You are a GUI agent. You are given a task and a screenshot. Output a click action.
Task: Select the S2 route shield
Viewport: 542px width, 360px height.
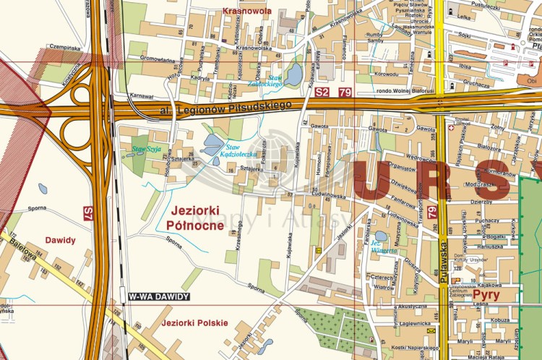[322, 93]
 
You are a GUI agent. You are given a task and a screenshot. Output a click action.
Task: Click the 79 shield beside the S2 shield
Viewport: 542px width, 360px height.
[345, 93]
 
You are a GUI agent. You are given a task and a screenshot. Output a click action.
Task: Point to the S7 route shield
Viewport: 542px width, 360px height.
[88, 213]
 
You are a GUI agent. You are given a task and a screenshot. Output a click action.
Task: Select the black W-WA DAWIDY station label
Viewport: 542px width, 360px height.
[158, 296]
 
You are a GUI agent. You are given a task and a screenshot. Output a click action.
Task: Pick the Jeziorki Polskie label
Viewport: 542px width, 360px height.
[195, 322]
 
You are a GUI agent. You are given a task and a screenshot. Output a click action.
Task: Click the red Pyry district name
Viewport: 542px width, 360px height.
[489, 298]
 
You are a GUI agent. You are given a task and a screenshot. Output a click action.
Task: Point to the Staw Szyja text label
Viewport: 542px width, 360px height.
[145, 150]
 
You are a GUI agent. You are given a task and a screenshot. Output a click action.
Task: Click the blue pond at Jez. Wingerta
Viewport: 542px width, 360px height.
[381, 236]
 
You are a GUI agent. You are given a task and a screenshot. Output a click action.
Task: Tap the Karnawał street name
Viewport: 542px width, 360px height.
[142, 95]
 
